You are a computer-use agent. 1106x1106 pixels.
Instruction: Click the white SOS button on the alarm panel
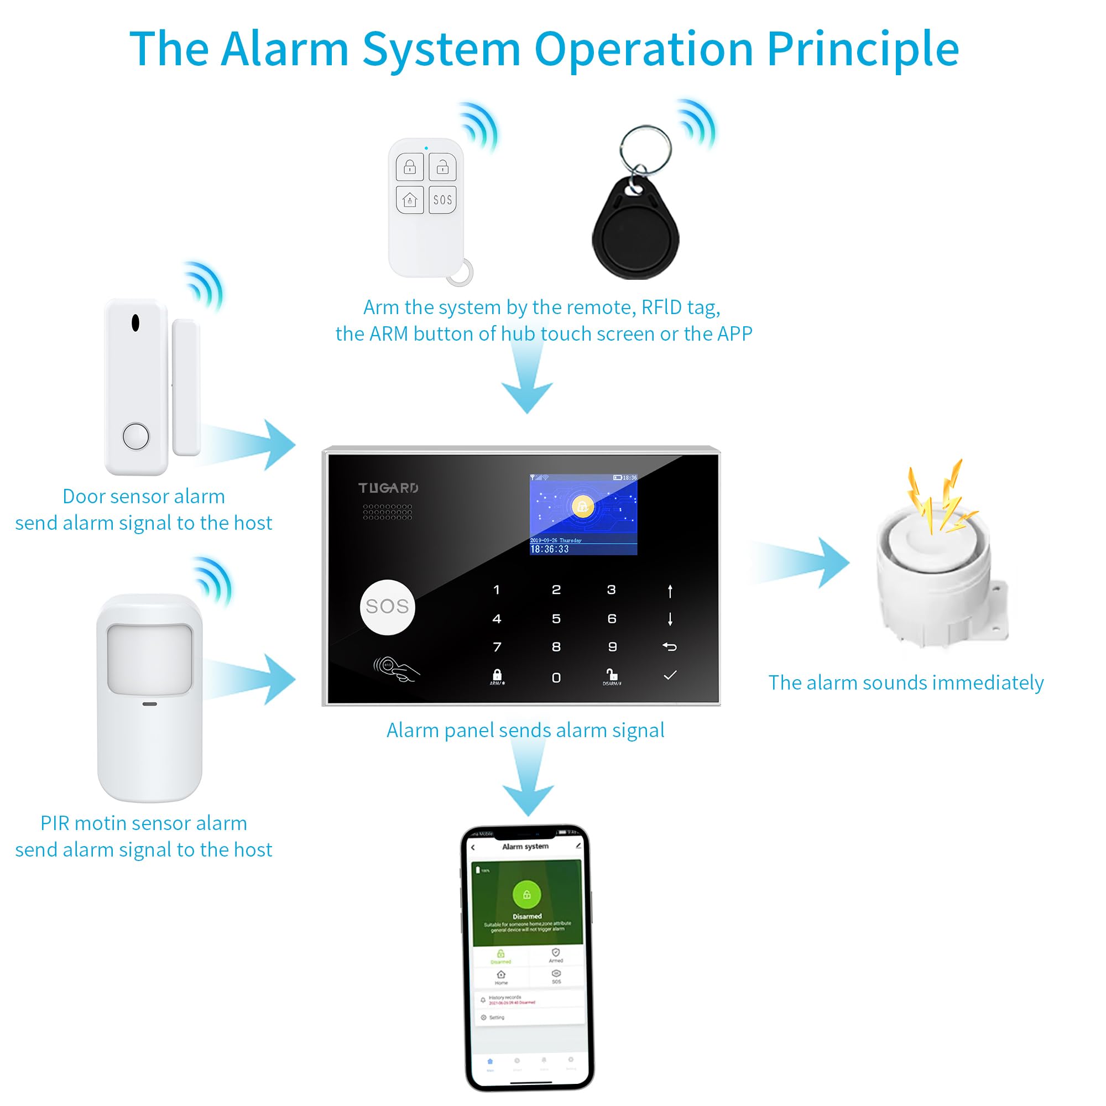click(387, 607)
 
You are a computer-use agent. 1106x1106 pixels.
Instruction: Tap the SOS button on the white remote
click(442, 200)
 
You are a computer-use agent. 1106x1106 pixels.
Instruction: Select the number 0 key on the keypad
click(556, 678)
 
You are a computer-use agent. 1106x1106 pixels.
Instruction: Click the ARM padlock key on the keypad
click(497, 677)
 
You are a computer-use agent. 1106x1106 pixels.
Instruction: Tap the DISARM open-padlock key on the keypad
click(612, 676)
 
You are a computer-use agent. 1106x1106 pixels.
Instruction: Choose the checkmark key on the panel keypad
click(670, 676)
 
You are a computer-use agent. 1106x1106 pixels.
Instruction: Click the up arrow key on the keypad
click(670, 591)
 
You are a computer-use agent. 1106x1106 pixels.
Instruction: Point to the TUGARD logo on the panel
click(388, 488)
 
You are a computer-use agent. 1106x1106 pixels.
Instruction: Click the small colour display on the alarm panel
click(583, 514)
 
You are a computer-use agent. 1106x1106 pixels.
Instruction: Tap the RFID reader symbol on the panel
click(395, 669)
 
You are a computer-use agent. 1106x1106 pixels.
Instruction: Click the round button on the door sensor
click(135, 436)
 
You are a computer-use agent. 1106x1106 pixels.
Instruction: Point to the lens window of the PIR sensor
click(149, 659)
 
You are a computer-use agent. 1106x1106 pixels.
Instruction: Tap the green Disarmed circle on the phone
click(526, 894)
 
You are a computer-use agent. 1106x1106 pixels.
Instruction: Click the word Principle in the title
click(862, 50)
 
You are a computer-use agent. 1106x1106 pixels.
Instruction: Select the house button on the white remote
click(409, 200)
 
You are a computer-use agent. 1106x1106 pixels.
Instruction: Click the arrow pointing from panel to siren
click(801, 562)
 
